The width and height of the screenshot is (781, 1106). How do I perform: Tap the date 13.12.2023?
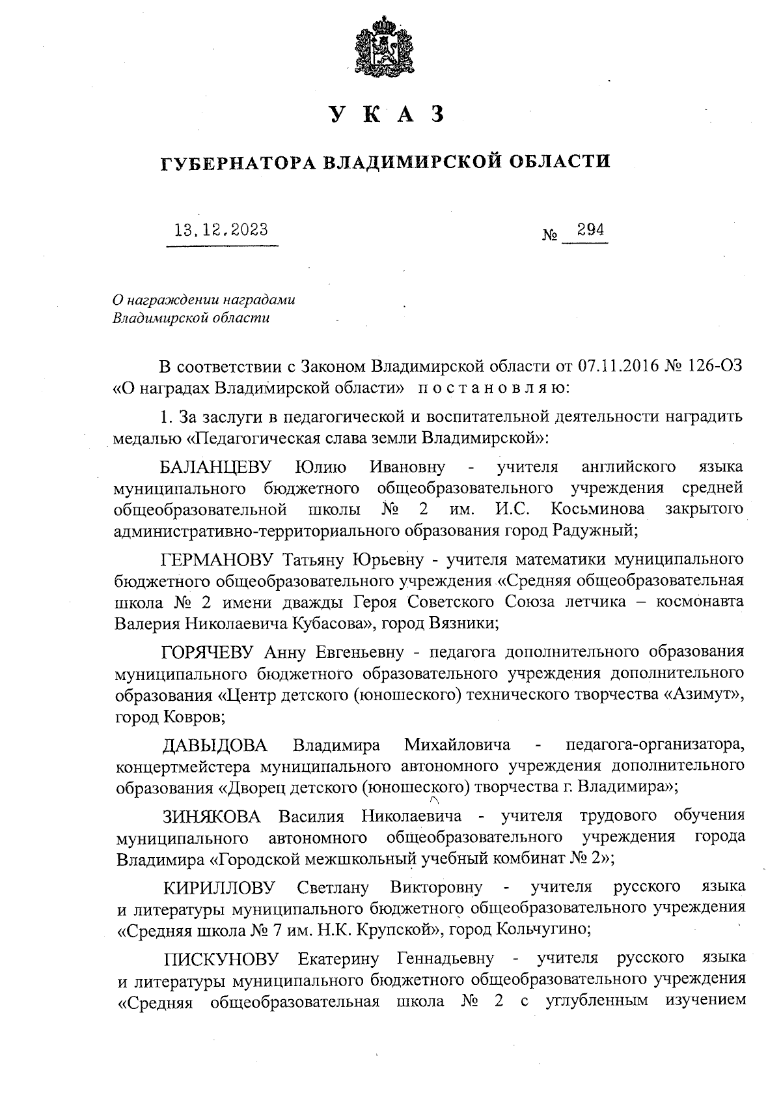coord(221,229)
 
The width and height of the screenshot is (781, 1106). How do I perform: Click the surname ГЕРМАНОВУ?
coord(219,560)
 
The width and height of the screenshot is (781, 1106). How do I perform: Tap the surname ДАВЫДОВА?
coord(214,744)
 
